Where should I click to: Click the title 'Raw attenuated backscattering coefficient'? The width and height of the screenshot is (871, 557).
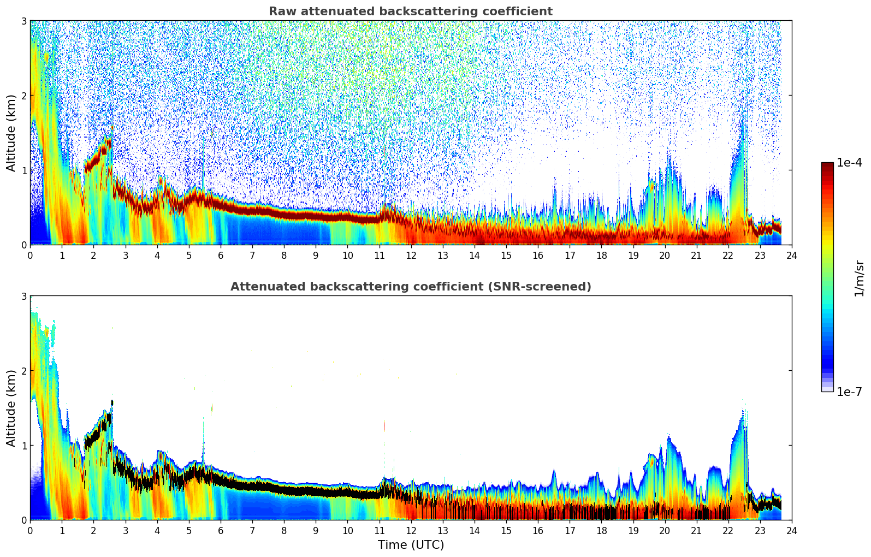(x=410, y=11)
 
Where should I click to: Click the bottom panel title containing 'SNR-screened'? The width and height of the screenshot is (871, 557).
(x=410, y=287)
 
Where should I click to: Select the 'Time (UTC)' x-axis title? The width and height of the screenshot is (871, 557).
(x=411, y=545)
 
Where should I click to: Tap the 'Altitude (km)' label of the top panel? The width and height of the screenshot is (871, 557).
(x=11, y=133)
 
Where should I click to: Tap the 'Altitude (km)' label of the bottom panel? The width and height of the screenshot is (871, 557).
(x=11, y=408)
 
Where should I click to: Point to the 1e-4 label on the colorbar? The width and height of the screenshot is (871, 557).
(x=849, y=163)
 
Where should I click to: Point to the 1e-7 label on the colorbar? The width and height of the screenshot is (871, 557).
(x=849, y=392)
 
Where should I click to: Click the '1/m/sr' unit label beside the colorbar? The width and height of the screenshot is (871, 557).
(x=859, y=278)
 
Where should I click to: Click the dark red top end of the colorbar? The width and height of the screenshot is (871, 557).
(x=827, y=165)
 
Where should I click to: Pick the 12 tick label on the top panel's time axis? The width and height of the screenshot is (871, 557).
(x=411, y=255)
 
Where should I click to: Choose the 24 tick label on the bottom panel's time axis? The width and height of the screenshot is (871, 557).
(x=792, y=530)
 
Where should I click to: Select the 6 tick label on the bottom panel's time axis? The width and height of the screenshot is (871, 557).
(x=221, y=530)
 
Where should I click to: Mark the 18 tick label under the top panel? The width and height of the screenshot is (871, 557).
(x=601, y=255)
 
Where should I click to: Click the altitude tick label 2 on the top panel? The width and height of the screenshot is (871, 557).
(x=23, y=96)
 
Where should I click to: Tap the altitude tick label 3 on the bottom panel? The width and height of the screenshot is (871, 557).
(x=23, y=296)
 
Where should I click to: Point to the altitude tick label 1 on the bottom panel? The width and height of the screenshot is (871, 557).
(x=23, y=446)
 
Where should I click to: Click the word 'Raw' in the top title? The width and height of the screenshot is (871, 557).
(x=280, y=11)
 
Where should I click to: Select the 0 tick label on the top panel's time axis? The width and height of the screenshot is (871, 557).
(x=30, y=255)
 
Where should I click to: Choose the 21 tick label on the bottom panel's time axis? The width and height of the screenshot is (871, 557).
(x=696, y=530)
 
